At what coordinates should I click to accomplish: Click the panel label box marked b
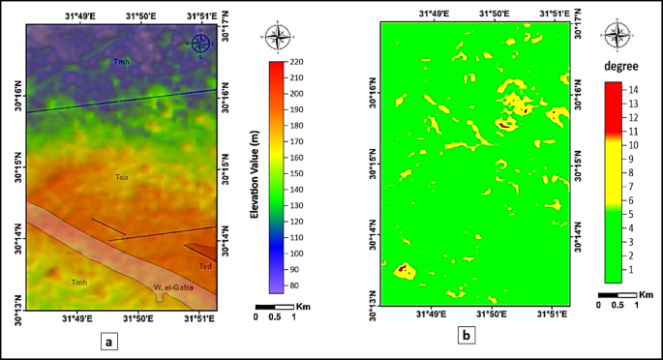(467, 336)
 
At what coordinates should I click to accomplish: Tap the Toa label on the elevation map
(122, 177)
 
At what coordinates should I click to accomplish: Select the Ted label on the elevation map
(204, 265)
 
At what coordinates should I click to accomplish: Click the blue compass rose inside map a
(199, 42)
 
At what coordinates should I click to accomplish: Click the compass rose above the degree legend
(614, 36)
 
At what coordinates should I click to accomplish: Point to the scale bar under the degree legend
(618, 294)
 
